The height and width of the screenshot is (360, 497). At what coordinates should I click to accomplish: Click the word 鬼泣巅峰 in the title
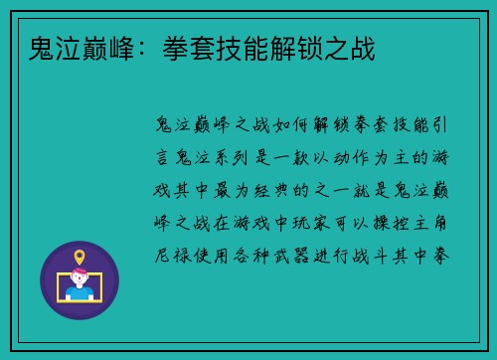(x=69, y=49)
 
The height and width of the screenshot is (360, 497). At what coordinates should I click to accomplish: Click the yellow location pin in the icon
(x=80, y=258)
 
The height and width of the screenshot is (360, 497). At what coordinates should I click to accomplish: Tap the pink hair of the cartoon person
(x=80, y=276)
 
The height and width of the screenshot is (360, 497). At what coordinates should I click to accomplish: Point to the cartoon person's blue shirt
(x=80, y=293)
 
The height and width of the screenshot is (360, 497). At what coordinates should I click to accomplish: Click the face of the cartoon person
(x=80, y=282)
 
